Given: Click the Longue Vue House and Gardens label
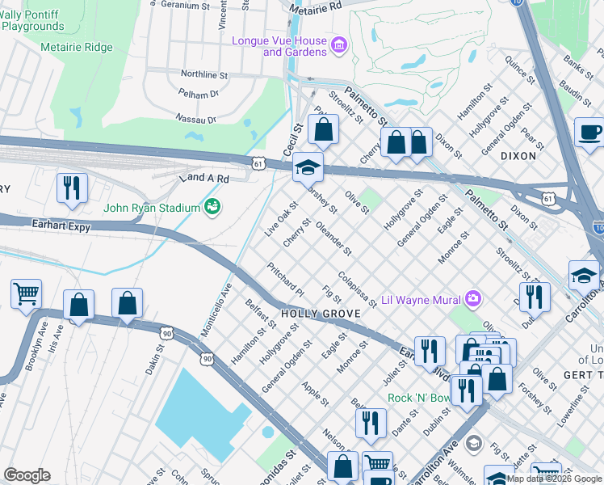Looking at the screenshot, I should click(279, 46).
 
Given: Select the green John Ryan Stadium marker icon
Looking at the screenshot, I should click(212, 207).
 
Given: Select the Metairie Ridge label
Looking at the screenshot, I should click(77, 47).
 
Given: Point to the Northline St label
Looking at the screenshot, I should click(204, 74).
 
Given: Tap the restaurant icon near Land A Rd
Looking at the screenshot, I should click(72, 188).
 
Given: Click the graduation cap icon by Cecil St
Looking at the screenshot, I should click(307, 167).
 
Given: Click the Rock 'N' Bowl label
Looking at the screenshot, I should click(420, 398).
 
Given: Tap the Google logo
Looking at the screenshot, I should click(27, 475).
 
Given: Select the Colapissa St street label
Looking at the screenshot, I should click(357, 289).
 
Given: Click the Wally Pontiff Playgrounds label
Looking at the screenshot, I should click(32, 20).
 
